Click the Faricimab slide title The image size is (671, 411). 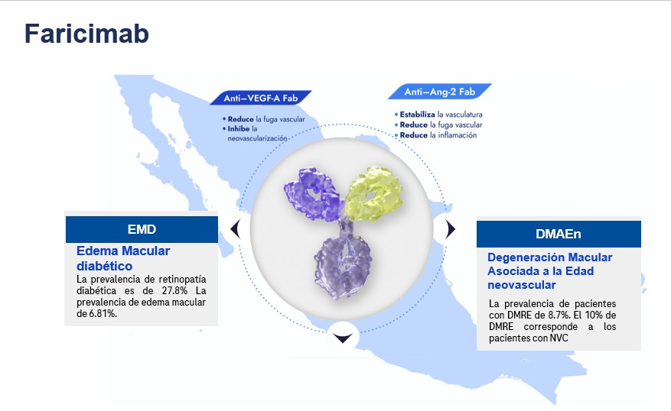86,34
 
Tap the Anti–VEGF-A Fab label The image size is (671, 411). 261,98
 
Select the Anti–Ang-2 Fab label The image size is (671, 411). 439,92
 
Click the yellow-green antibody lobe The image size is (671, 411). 373,193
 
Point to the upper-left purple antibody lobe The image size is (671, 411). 313,193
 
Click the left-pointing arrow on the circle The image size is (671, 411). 236,228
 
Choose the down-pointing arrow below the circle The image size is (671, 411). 344,338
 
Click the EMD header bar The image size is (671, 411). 142,229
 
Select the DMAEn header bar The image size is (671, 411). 559,234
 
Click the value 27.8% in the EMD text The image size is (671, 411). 174,290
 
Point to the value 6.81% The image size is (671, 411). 103,313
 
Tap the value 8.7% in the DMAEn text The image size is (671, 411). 559,316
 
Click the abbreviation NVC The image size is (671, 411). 559,338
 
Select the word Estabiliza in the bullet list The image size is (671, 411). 417,115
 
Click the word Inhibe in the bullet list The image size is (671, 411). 239,128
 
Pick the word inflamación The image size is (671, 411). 457,135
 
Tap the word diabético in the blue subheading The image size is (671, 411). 104,266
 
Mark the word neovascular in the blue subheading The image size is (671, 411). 522,284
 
